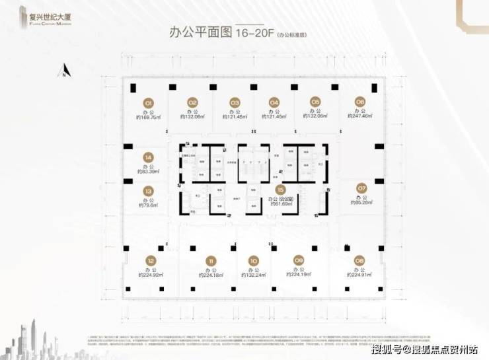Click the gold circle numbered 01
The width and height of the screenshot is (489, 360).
149,102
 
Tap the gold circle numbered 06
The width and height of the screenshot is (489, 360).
359,102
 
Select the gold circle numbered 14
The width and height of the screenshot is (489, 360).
149,157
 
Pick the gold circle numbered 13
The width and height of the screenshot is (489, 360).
149,191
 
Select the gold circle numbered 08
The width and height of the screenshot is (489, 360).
359,260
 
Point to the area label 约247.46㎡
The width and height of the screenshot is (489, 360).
359,116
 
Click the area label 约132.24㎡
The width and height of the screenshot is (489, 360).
253,275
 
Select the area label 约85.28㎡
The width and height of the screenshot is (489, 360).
361,201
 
